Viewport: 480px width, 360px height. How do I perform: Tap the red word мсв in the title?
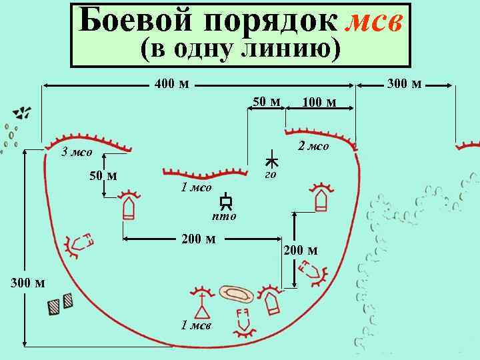tap(375, 21)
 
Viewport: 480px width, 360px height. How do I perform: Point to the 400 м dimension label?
tap(171, 85)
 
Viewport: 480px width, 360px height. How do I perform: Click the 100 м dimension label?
tap(319, 102)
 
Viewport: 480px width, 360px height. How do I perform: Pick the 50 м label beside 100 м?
tap(266, 101)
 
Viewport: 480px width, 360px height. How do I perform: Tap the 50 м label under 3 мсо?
tap(103, 176)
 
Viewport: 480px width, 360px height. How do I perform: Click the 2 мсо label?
tap(313, 147)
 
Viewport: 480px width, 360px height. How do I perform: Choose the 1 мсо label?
tap(196, 187)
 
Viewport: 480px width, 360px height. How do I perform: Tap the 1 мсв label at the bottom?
tap(196, 325)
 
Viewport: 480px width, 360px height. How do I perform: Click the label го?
tap(270, 175)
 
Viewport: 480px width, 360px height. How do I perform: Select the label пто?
tap(224, 216)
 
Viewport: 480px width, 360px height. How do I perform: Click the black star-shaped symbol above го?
tap(272, 159)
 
